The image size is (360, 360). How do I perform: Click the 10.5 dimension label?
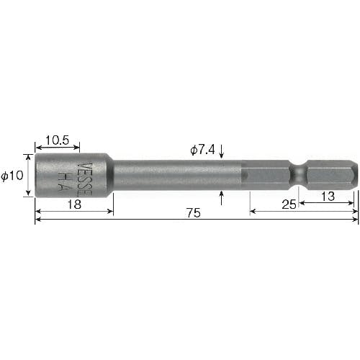tap(57, 140)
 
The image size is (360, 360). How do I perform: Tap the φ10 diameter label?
tap(12, 176)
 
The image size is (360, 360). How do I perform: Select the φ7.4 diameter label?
tap(202, 150)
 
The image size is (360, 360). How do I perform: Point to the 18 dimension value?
tap(74, 204)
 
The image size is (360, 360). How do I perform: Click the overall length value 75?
tap(194, 213)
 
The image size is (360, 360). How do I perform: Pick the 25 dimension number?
tap(289, 204)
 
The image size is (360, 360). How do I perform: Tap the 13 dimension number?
tap(328, 197)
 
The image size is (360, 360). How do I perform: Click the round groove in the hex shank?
tap(298, 175)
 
